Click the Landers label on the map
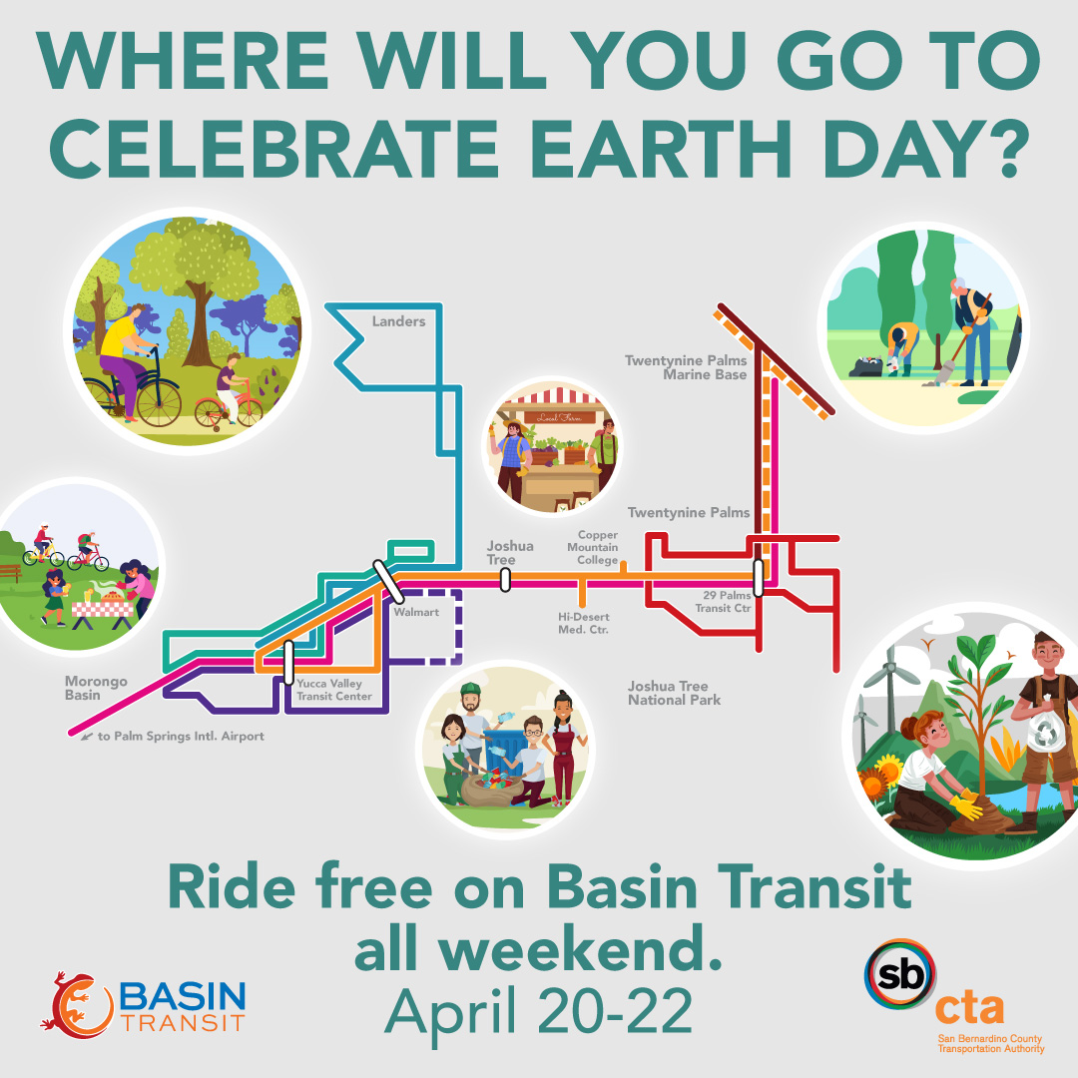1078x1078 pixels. (398, 321)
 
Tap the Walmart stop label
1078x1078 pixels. (416, 612)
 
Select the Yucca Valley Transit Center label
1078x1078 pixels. (334, 690)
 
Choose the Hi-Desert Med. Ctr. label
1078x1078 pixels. (583, 623)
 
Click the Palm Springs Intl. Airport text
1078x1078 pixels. (180, 736)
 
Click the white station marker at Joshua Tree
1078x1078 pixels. (505, 579)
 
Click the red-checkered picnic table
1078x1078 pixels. (103, 608)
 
